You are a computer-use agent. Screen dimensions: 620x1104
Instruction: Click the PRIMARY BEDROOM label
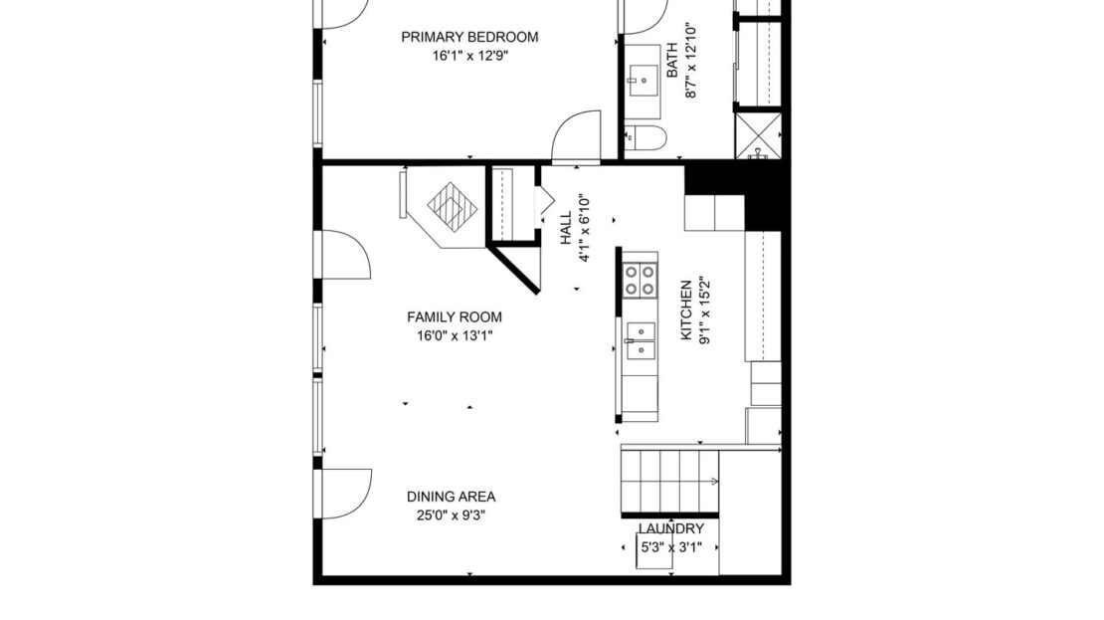[469, 37]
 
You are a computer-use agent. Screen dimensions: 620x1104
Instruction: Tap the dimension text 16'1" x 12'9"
[469, 56]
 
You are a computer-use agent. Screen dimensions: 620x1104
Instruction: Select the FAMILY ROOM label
[455, 317]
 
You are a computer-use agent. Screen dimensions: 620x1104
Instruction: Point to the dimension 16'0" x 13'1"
[455, 336]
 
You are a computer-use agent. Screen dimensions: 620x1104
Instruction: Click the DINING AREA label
[451, 497]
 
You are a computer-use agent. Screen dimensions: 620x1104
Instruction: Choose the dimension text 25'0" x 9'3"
[451, 516]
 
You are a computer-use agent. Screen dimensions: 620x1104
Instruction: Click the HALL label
[565, 227]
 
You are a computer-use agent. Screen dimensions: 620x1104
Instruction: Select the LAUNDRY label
[671, 529]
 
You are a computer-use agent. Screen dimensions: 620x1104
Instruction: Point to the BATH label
[671, 60]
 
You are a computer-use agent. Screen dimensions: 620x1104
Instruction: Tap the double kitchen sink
[640, 339]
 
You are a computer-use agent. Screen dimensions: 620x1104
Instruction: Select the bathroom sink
[642, 75]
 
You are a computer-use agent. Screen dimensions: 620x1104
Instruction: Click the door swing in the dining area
[343, 493]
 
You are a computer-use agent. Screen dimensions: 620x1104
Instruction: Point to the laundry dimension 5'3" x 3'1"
[676, 547]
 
